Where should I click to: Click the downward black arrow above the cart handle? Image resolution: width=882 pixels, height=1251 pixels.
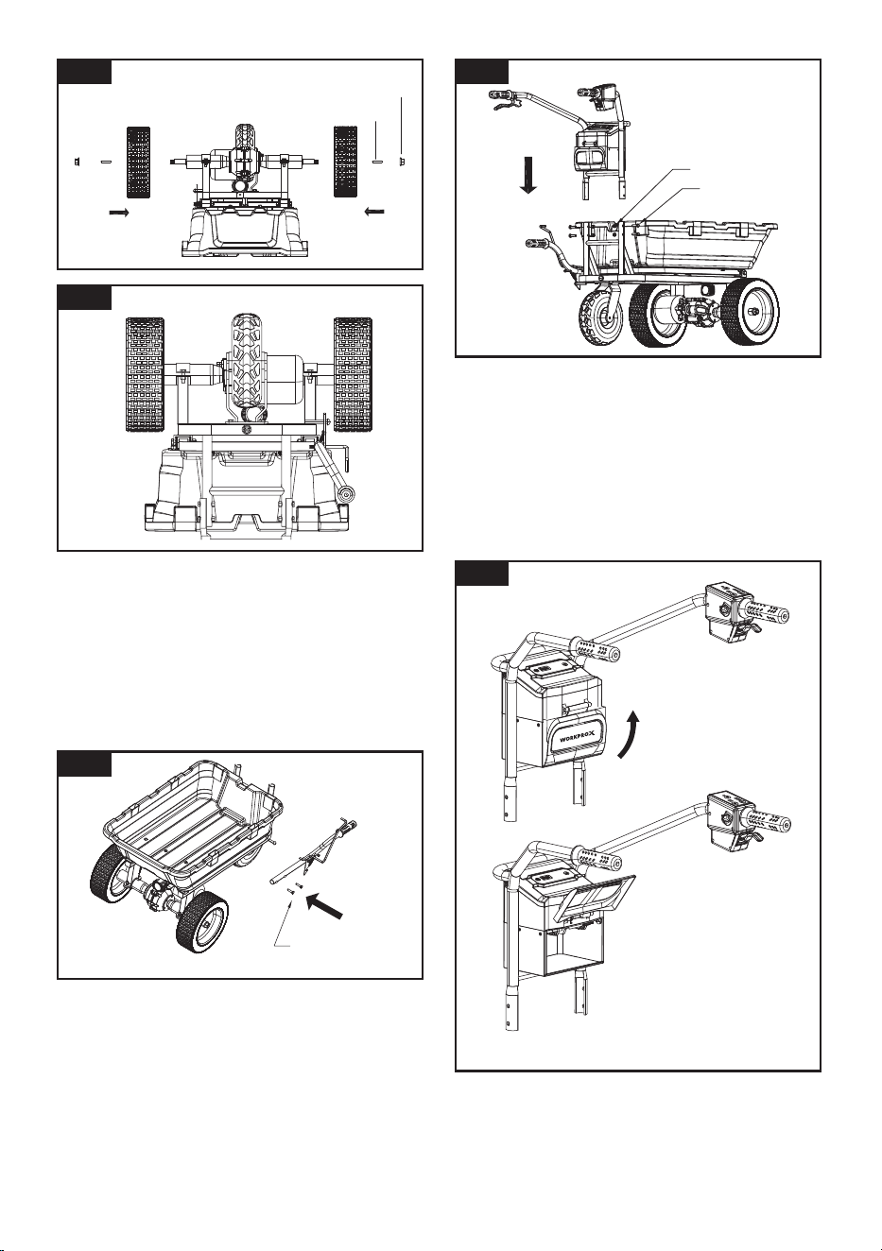pos(527,175)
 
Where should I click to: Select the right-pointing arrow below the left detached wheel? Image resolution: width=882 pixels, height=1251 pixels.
pos(118,213)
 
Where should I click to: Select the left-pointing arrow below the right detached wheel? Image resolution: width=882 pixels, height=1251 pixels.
pos(374,212)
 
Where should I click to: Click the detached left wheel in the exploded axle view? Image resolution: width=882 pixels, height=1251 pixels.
pos(138,162)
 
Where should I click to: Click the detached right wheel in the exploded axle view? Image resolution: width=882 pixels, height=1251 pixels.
pos(345,162)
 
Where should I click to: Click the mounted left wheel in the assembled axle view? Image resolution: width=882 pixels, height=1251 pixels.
pos(145,375)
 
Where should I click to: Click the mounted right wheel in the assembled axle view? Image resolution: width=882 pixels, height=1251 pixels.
pos(353,375)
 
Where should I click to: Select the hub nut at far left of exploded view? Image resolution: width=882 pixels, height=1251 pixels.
pos(76,162)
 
